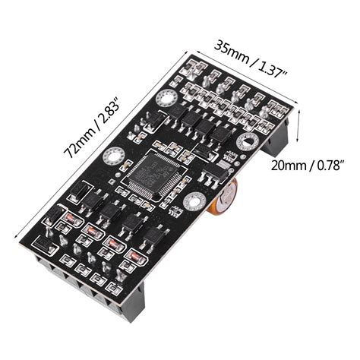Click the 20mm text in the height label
coord(287,164)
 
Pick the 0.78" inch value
coord(330,164)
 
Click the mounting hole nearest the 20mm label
coord(247,142)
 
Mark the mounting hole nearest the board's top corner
coord(166,99)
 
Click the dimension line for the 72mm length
coord(99,144)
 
